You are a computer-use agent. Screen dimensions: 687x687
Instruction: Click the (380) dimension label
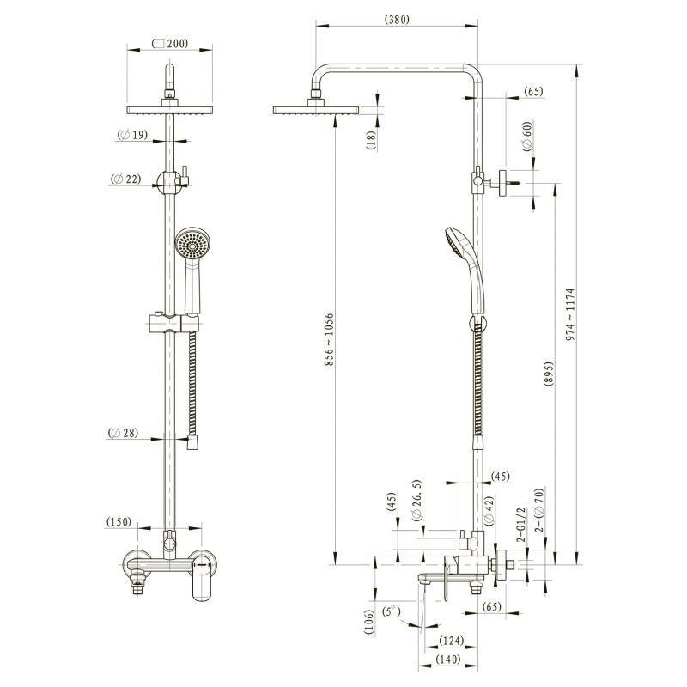click(x=397, y=20)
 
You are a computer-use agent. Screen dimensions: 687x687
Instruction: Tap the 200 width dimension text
click(x=170, y=44)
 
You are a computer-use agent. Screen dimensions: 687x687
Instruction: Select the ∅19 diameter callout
click(x=132, y=135)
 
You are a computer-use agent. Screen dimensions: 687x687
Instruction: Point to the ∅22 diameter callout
click(x=126, y=179)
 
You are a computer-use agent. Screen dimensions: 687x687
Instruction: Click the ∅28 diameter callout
click(x=123, y=433)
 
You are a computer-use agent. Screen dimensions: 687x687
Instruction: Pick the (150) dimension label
click(x=119, y=522)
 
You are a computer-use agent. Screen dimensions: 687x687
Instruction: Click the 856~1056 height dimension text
click(x=329, y=339)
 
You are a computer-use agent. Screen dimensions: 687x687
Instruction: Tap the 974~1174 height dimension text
click(x=569, y=314)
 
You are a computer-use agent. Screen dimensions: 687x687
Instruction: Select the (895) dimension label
click(x=549, y=374)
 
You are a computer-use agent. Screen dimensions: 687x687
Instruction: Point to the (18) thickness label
click(x=372, y=140)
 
